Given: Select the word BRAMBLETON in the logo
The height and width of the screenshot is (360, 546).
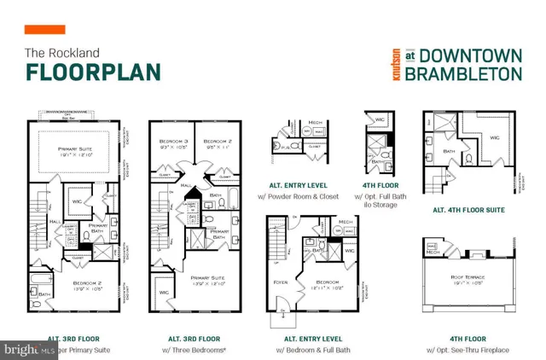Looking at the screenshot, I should click(462, 73).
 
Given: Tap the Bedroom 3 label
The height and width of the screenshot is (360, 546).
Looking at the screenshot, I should click(174, 140).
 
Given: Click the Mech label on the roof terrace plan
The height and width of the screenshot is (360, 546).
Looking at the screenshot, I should click(433, 252).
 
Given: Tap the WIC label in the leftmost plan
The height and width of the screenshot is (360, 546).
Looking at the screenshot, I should click(75, 201).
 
